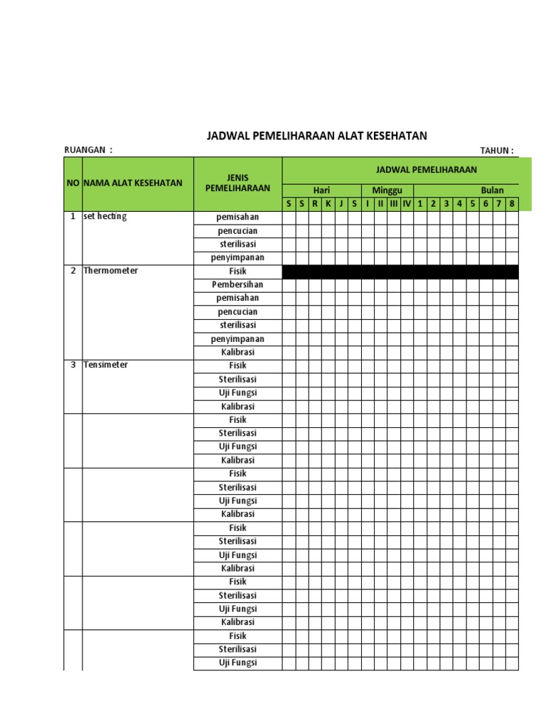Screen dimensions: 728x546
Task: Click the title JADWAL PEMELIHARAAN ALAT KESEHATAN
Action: click(x=316, y=136)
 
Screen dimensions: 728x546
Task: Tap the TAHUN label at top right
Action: click(x=496, y=150)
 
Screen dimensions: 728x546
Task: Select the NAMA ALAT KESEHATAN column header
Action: click(x=133, y=183)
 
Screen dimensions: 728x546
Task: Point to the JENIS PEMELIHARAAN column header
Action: click(x=237, y=183)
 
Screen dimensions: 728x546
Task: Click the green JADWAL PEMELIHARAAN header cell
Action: click(x=427, y=169)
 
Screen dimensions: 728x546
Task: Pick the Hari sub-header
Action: click(x=321, y=191)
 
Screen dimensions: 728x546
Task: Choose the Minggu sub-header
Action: click(x=387, y=191)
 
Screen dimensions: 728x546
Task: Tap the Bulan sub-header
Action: click(x=492, y=191)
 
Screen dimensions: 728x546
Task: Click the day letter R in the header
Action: click(x=315, y=204)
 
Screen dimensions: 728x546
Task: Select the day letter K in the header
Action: click(x=328, y=204)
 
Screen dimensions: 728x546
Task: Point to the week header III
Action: click(x=394, y=204)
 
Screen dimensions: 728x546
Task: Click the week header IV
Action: click(x=407, y=204)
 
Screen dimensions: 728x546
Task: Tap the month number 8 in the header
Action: click(x=512, y=204)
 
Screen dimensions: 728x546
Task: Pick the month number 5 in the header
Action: click(x=473, y=204)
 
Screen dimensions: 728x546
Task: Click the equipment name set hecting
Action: click(x=105, y=217)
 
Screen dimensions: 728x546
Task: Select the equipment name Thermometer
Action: click(x=111, y=271)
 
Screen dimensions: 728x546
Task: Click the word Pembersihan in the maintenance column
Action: click(x=237, y=284)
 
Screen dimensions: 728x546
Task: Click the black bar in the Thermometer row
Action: click(x=400, y=272)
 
